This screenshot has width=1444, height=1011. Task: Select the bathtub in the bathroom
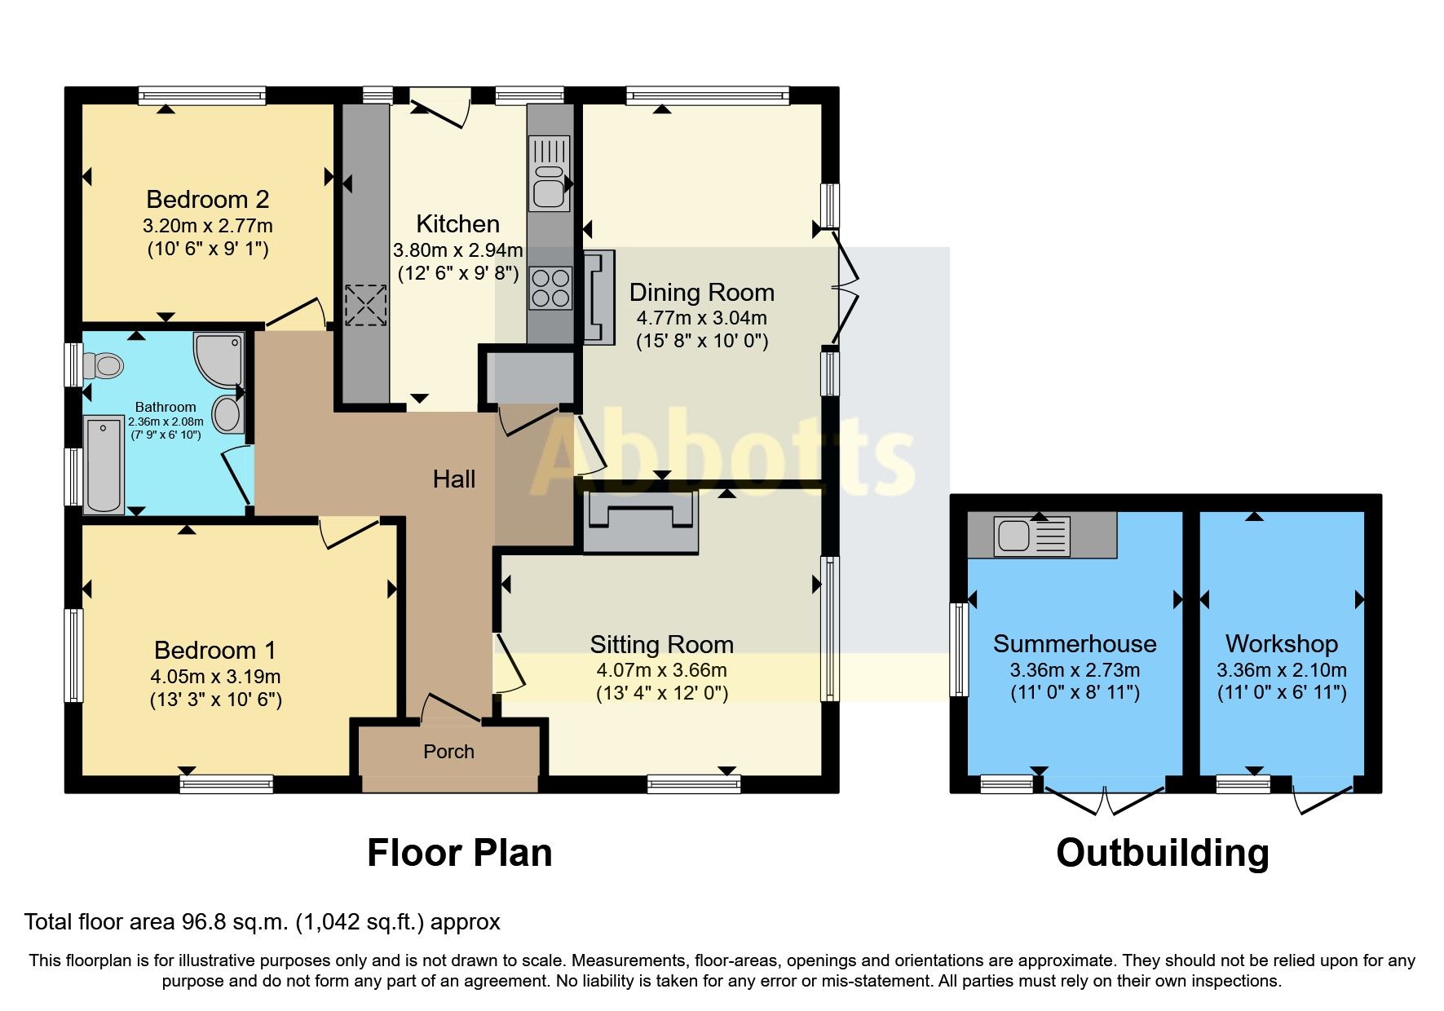tap(103, 465)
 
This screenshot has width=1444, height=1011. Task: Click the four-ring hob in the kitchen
tap(550, 289)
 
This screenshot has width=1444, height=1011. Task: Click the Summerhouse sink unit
tap(1031, 536)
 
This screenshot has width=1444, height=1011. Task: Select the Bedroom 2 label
tap(207, 200)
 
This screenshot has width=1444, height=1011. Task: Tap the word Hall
tap(453, 479)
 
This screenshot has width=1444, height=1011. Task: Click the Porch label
tap(448, 752)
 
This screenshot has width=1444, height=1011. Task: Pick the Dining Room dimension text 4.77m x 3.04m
tap(701, 318)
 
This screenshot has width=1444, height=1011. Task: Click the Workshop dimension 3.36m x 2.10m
tap(1281, 670)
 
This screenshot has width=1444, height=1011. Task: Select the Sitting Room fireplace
tap(641, 523)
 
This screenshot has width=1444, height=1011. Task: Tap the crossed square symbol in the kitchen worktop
tap(364, 305)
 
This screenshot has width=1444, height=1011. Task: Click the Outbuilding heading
tap(1162, 853)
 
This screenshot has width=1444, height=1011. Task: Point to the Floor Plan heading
tap(459, 853)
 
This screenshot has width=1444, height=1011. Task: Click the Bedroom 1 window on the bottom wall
tap(227, 784)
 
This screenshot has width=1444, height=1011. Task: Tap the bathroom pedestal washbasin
tap(228, 414)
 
